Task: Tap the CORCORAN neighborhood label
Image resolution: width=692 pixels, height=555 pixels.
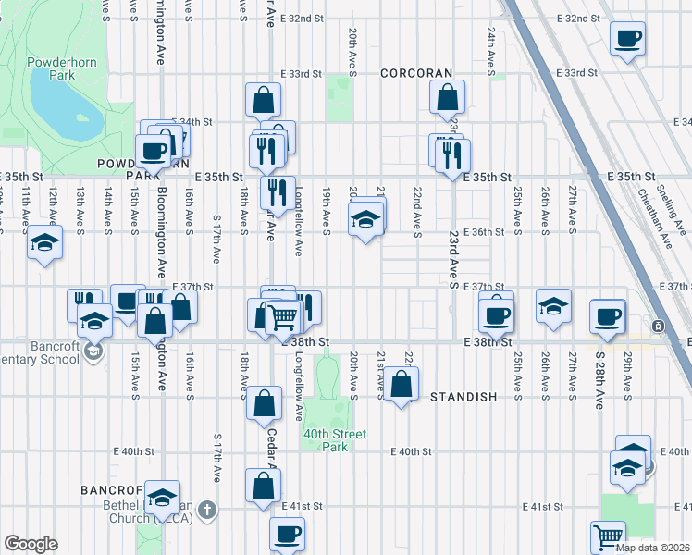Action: point(416,73)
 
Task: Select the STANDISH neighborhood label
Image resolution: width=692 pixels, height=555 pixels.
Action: point(463,397)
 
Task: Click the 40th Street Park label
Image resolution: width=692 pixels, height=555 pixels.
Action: point(333,440)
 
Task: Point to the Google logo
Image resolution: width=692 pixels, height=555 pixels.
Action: point(31,544)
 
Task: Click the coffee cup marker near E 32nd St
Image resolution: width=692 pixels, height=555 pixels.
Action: point(628,39)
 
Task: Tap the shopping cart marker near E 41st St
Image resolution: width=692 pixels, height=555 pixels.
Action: point(608,536)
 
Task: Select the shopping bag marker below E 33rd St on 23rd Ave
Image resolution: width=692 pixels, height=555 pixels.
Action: point(448,97)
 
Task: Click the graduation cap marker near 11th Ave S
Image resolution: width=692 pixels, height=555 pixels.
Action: point(43,243)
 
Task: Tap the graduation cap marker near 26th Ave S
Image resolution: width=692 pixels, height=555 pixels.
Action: point(554,306)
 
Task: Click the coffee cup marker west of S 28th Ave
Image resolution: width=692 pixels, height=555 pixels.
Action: point(608,316)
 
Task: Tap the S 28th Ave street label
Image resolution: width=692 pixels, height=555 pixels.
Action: point(599,379)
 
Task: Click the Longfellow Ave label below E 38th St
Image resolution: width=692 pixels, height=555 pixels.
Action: point(299,382)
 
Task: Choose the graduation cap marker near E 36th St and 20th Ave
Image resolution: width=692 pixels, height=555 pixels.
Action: point(365,220)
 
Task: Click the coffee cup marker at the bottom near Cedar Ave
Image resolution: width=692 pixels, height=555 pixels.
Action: point(287,534)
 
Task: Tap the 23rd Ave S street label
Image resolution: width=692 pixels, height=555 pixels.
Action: point(454,260)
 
